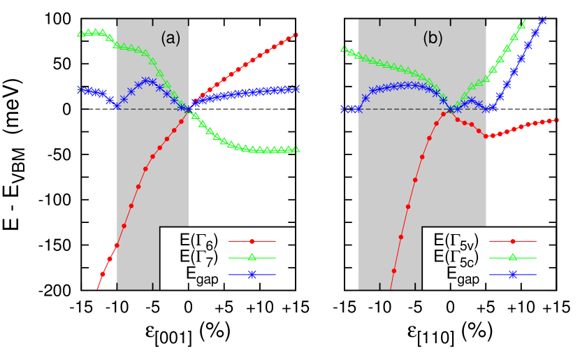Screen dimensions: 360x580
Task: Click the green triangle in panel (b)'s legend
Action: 512,258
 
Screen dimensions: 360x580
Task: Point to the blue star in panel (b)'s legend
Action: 512,275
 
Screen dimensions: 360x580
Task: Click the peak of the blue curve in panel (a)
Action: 145,80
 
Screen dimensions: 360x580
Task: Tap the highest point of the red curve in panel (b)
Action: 446,114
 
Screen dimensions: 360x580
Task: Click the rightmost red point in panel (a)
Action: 296,35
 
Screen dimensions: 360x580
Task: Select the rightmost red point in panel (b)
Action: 556,120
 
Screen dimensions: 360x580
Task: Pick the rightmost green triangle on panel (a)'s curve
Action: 296,149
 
